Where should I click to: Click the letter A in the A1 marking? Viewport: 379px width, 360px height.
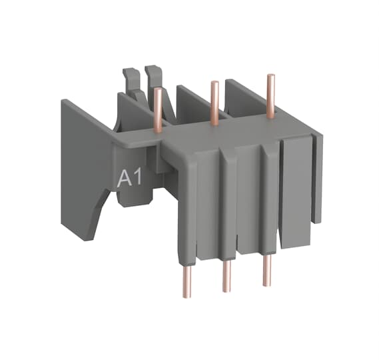(x=125, y=179)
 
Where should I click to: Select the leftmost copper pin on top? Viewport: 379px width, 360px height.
(x=158, y=110)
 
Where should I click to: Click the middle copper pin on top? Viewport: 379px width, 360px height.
(x=214, y=103)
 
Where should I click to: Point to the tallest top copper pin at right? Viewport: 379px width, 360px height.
(x=270, y=96)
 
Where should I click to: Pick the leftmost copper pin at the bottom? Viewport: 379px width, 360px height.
(x=187, y=281)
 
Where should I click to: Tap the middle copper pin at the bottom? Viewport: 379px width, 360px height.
(x=226, y=276)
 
